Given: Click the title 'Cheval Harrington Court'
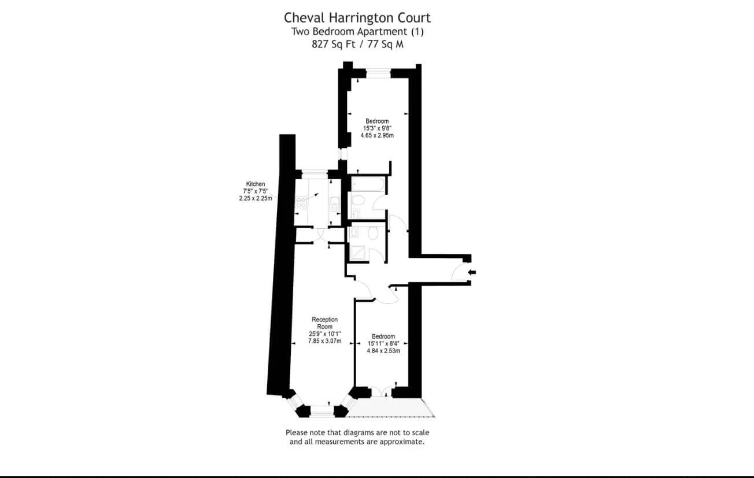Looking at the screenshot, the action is click(357, 18).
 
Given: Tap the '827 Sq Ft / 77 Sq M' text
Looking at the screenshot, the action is click(357, 45).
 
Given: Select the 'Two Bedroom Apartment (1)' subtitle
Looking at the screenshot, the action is click(357, 32).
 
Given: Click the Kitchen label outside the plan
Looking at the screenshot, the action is click(256, 184).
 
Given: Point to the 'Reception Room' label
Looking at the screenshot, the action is click(324, 323).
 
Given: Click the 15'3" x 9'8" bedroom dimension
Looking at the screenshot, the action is click(377, 128).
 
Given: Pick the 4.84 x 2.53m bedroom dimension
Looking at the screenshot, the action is click(383, 351).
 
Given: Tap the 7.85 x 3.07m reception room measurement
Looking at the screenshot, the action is click(324, 341).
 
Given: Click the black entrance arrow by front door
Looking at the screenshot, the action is click(472, 272).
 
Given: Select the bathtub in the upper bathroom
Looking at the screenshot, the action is click(368, 184).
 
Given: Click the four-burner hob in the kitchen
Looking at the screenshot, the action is click(301, 202).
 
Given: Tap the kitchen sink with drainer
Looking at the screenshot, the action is click(335, 204).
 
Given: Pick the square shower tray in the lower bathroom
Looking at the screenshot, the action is click(357, 253).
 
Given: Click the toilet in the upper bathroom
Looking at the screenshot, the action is click(358, 201).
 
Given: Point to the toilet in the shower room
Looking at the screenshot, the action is click(372, 232).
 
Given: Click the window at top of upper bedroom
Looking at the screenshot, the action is click(378, 73).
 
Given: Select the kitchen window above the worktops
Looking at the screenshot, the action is click(315, 174).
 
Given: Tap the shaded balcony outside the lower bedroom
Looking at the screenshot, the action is click(391, 407).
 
